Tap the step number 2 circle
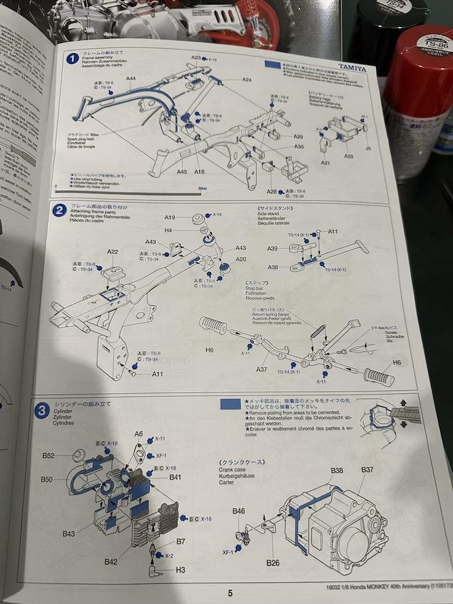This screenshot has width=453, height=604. [x=59, y=210]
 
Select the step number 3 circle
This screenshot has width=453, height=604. [x=42, y=411]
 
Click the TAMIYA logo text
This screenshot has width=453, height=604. [x=351, y=69]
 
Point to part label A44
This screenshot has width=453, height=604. [x=132, y=78]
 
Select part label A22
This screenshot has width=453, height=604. [x=113, y=252]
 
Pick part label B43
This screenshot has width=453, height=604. [x=68, y=534]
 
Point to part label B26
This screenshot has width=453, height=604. [x=273, y=563]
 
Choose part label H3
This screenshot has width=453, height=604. [x=180, y=570]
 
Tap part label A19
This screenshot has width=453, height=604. [x=170, y=217]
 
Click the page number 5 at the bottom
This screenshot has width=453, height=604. [x=230, y=593]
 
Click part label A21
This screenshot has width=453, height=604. [x=326, y=163]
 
